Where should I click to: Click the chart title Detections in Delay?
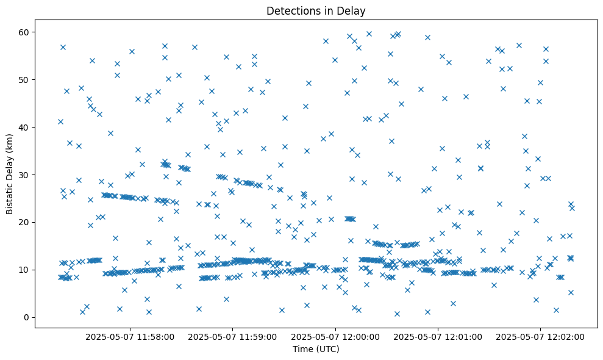coord(316,10)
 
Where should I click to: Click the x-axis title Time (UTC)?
coord(316,349)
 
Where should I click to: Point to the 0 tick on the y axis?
coord(27,317)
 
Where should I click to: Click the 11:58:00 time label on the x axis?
coord(130,336)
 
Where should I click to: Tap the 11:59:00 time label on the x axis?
coord(233,336)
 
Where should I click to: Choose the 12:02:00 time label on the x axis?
coord(540,336)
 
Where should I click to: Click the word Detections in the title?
coord(291,10)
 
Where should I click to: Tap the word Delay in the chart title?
coord(353,10)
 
